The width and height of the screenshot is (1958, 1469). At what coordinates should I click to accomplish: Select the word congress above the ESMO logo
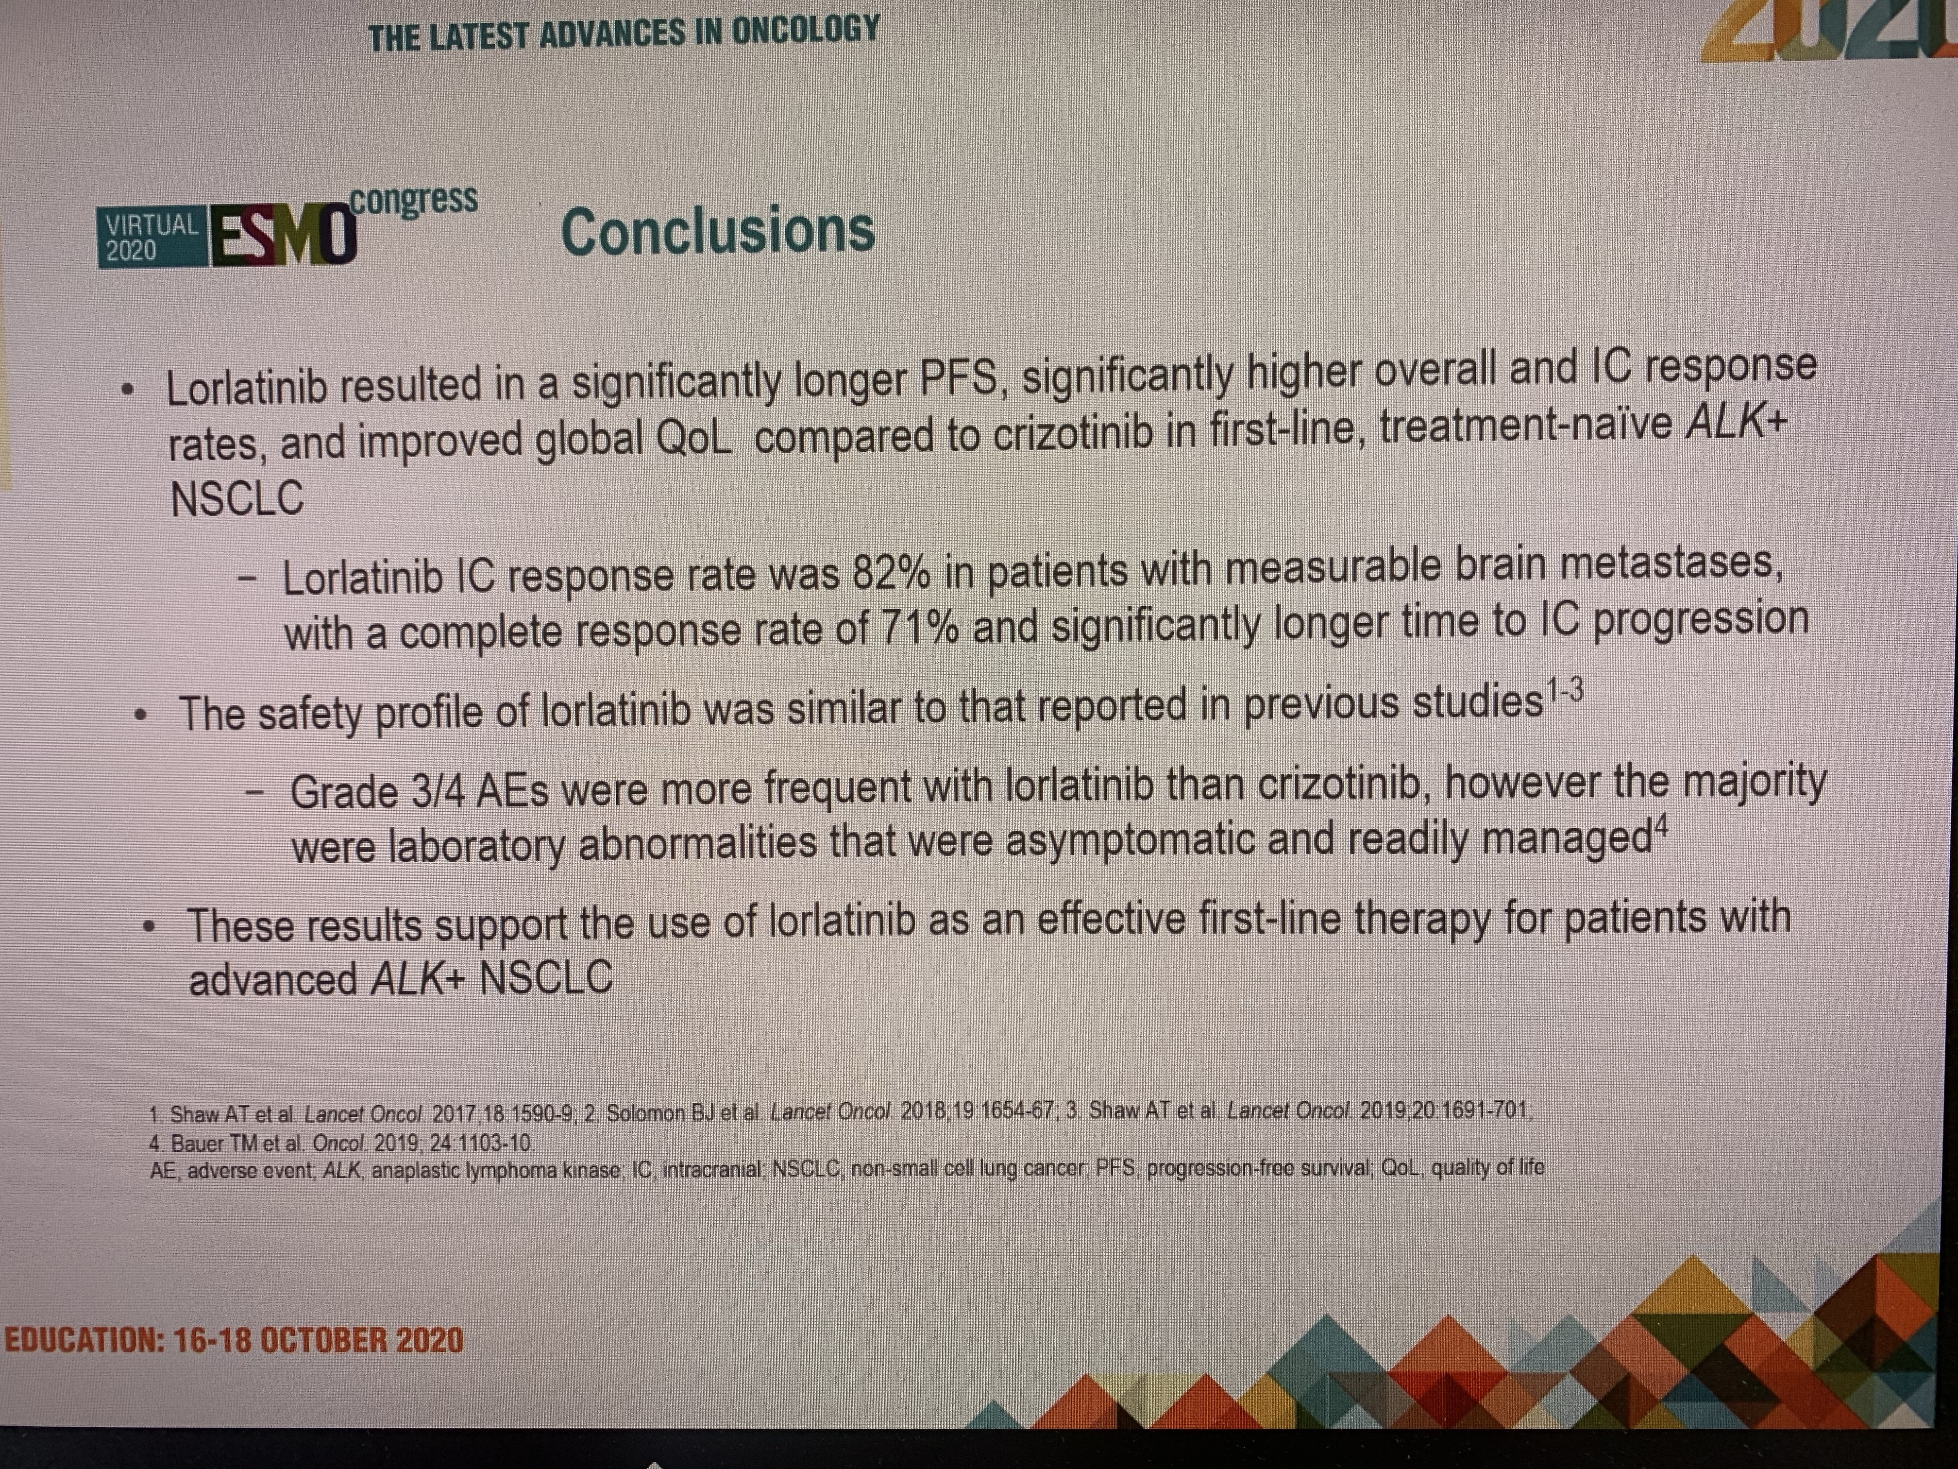pyautogui.click(x=414, y=200)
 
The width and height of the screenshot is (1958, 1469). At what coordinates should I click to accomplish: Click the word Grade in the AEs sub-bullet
pyautogui.click(x=344, y=792)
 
